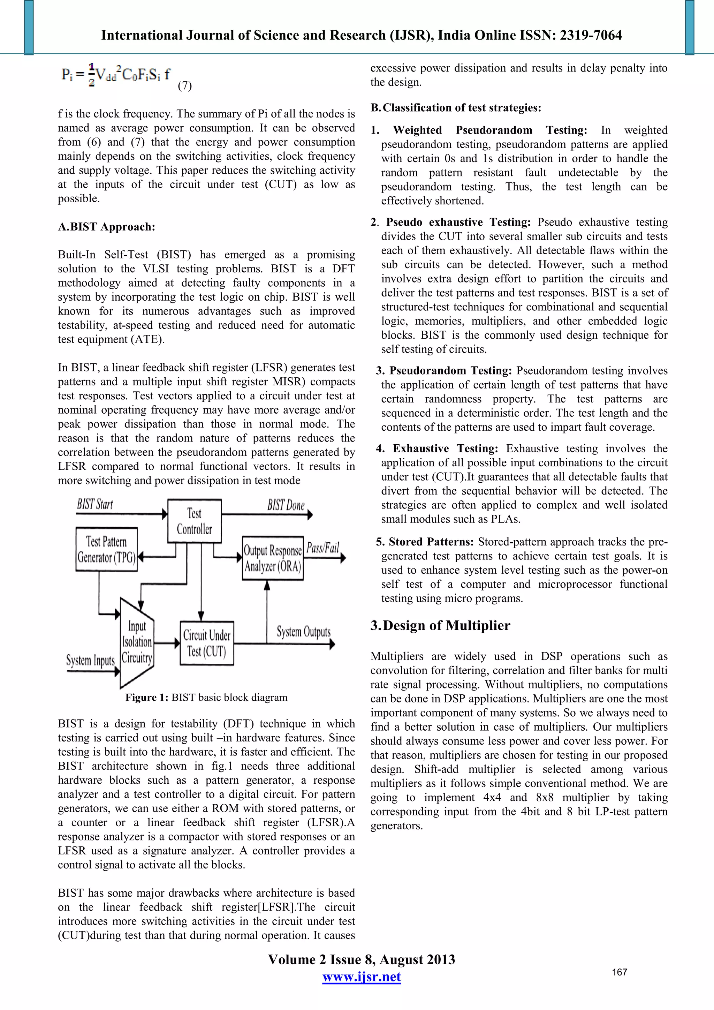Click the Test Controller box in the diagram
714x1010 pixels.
(x=194, y=521)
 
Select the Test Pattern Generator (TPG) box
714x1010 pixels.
(x=106, y=549)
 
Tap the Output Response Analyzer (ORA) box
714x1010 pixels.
(x=273, y=558)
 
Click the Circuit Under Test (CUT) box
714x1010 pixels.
(x=207, y=643)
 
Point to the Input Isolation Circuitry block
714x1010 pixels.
(x=137, y=642)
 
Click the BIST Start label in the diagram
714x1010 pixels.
(x=95, y=504)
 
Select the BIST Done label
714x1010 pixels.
(x=286, y=505)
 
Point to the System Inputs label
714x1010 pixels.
(x=90, y=660)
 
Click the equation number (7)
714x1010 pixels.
(x=185, y=85)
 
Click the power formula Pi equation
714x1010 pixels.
(x=116, y=75)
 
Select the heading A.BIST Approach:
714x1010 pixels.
(x=106, y=227)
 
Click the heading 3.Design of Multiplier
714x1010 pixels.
(x=440, y=626)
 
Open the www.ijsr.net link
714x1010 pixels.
(x=362, y=977)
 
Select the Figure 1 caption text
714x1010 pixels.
(x=206, y=698)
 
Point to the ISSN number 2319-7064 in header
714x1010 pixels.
(x=591, y=35)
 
